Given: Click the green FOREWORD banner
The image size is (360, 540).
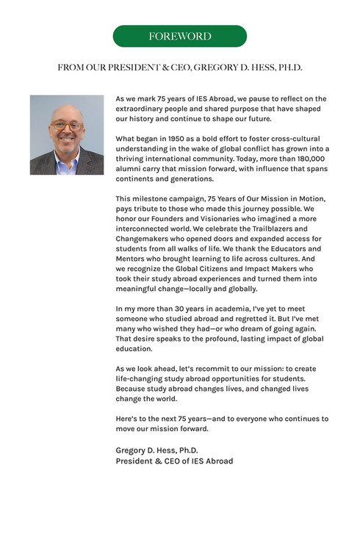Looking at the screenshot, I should click(180, 36).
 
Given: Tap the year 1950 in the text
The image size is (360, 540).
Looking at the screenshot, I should click(178, 138).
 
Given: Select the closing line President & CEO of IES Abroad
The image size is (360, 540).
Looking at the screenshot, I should click(174, 461).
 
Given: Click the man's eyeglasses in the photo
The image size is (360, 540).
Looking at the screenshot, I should click(67, 126).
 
